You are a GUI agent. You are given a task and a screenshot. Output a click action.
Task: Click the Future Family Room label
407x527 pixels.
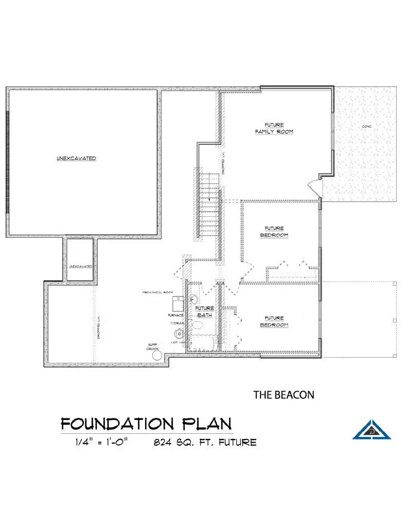274,128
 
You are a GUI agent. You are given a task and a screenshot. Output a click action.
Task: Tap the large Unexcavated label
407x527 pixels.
76,159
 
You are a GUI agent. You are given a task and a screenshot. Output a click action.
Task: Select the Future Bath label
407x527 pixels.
204,311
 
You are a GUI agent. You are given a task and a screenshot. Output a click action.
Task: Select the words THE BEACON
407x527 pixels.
284,395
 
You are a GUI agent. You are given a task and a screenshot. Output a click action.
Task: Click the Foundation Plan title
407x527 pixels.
146,424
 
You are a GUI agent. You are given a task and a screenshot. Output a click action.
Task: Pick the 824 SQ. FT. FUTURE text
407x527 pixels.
205,442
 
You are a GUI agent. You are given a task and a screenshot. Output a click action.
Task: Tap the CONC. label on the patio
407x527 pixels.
367,126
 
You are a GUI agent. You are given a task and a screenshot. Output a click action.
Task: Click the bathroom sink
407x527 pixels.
194,300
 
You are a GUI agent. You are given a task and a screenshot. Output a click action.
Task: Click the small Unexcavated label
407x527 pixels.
81,266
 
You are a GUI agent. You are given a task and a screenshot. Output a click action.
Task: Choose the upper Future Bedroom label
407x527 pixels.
274,232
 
